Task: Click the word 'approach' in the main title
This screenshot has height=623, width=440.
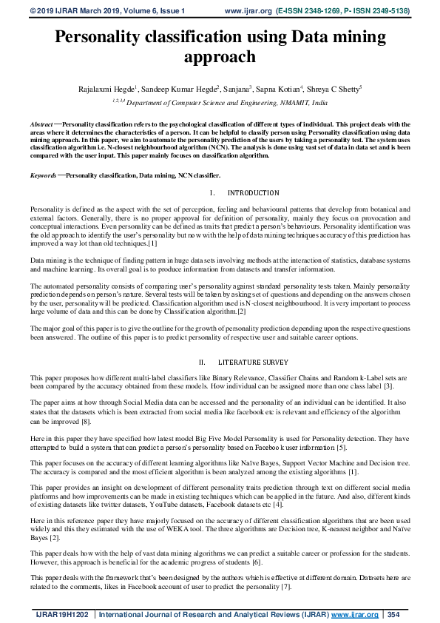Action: click(220, 57)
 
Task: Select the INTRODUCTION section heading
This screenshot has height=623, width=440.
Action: click(254, 193)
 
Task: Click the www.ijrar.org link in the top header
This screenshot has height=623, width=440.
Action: click(248, 11)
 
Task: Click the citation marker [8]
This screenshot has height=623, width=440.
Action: click(87, 421)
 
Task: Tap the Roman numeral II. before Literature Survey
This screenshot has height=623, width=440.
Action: click(203, 363)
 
